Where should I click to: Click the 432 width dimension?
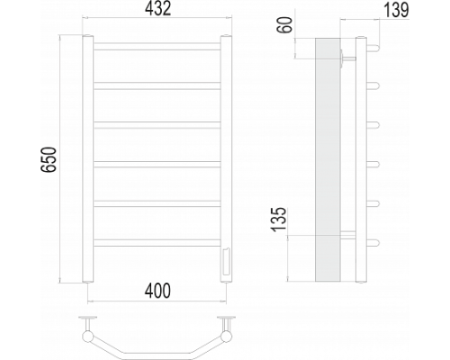coord(158,9)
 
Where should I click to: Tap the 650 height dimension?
coord(49,159)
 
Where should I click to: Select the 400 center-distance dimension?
coord(157,291)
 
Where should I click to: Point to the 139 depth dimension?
coord(396,10)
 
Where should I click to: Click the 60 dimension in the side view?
coord(285,25)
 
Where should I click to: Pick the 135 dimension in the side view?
coord(279,220)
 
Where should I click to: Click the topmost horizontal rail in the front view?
coord(157,47)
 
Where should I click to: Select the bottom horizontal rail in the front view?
coord(157,243)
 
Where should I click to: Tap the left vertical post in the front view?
coord(88,159)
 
